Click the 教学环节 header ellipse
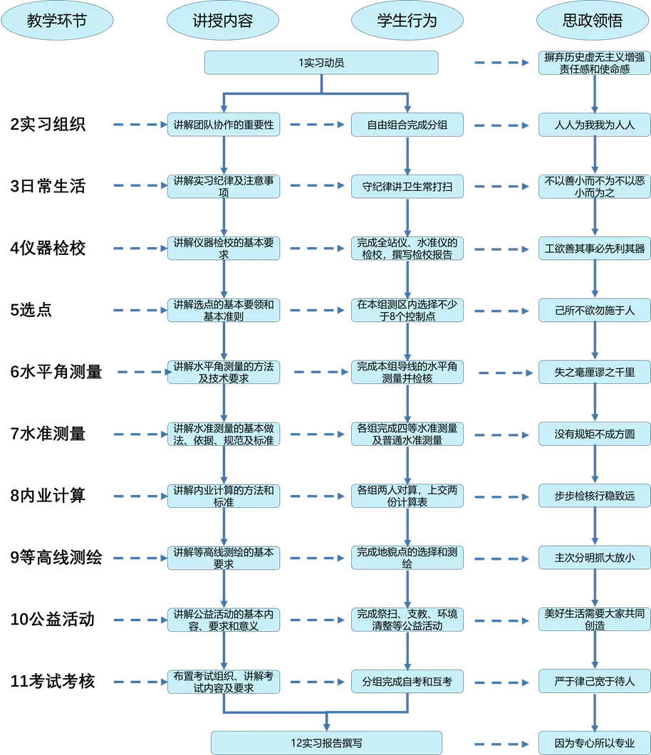57,21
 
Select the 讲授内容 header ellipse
223,21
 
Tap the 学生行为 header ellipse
407,21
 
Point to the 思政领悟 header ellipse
593,21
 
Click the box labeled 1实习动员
321,63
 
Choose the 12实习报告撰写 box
326,743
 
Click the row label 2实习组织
48,124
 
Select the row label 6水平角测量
56,372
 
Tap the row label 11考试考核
53,682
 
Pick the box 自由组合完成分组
407,125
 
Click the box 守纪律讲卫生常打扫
407,187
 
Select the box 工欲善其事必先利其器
595,249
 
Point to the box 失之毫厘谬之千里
595,373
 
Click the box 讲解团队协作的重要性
224,125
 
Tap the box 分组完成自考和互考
407,682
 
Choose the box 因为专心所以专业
595,743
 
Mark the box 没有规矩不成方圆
595,434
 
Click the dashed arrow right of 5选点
140,311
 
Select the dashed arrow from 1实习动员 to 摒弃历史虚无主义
501,63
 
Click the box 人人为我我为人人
595,125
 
